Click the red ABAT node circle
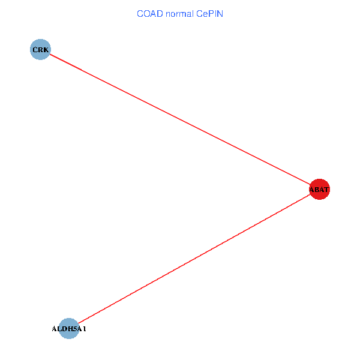tap(319, 190)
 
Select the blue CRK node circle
tap(40, 49)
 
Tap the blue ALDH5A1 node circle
tap(70, 328)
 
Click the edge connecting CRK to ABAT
tap(180, 119)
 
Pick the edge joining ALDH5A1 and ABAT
tap(192, 260)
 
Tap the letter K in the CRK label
tap(46, 49)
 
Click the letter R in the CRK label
tap(40, 49)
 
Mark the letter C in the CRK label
tap(34, 49)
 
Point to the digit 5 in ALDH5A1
tap(73, 329)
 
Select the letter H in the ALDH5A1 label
tap(68, 329)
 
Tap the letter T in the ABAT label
tap(327, 190)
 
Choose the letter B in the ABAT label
tap(317, 190)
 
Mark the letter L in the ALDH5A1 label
tap(59, 329)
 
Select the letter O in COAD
tap(144, 13)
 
